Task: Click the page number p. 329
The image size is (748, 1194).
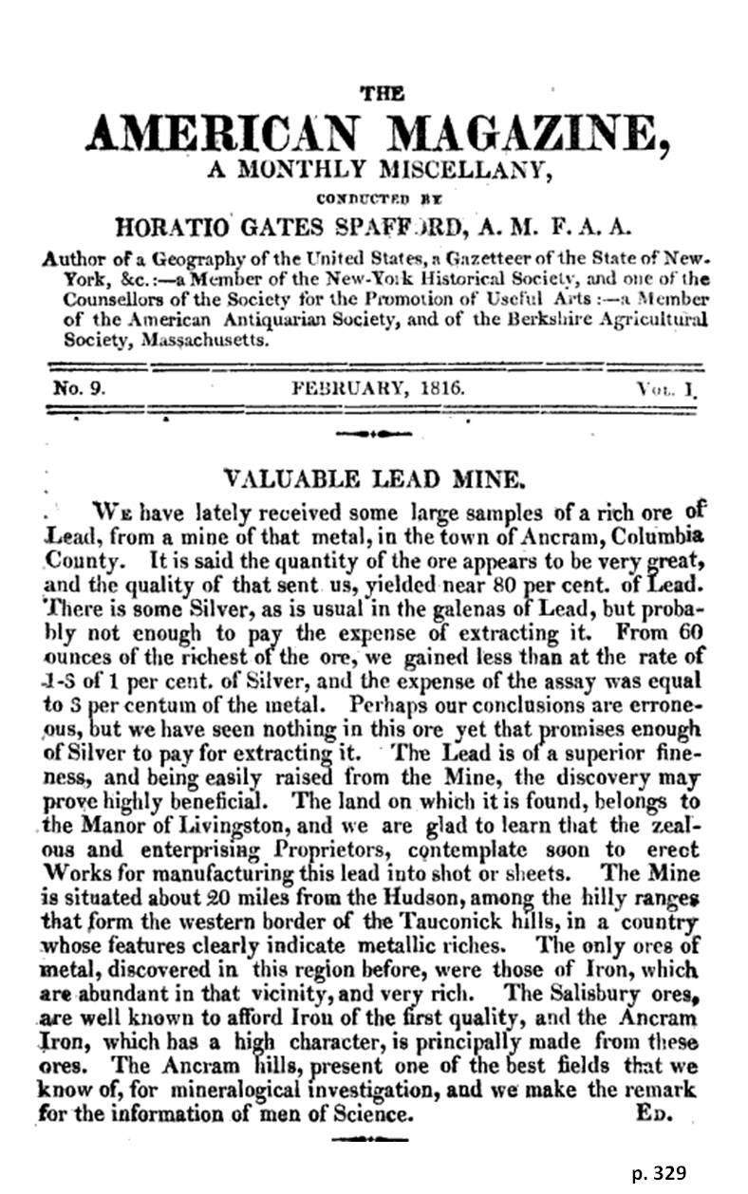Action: (657, 1173)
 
